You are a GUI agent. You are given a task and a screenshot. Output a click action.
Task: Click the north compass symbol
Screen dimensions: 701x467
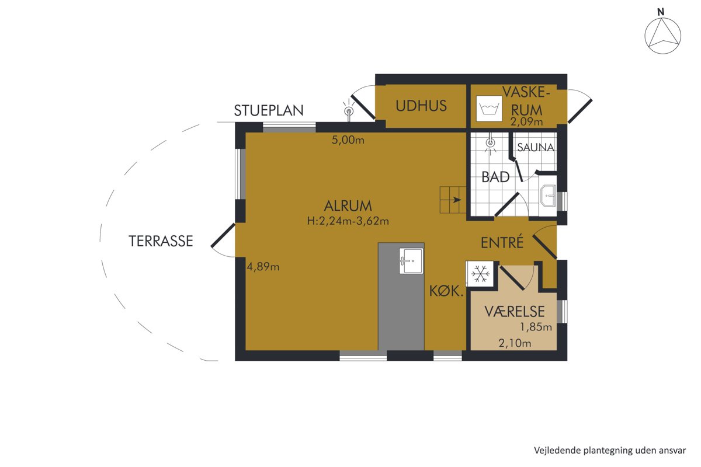pyautogui.click(x=662, y=36)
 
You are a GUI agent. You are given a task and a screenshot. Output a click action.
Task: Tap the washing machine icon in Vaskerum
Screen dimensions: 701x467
pyautogui.click(x=489, y=109)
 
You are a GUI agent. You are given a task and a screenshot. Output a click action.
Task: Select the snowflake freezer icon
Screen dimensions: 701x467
pyautogui.click(x=480, y=273)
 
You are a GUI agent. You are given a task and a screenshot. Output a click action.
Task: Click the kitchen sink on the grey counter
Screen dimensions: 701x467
pyautogui.click(x=411, y=261)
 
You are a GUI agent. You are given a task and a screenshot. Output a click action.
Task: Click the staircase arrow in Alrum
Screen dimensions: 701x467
pyautogui.click(x=457, y=200)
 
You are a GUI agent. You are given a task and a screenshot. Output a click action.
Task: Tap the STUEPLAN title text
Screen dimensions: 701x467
pyautogui.click(x=269, y=110)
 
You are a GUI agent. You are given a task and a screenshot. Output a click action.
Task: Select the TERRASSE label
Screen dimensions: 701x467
pyautogui.click(x=161, y=241)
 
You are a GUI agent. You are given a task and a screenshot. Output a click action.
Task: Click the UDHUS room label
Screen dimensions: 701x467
pyautogui.click(x=421, y=106)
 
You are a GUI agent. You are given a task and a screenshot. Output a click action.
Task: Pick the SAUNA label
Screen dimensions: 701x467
pyautogui.click(x=536, y=147)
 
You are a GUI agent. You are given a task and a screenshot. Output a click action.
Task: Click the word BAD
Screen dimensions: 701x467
pyautogui.click(x=495, y=177)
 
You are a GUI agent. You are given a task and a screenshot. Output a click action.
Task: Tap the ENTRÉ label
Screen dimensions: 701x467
pyautogui.click(x=502, y=242)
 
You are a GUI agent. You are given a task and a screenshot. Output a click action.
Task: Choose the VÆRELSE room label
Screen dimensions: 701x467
pyautogui.click(x=515, y=312)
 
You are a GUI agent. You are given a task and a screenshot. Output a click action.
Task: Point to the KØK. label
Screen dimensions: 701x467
pyautogui.click(x=446, y=291)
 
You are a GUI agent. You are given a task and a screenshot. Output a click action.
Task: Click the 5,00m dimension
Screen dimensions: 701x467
pyautogui.click(x=348, y=140)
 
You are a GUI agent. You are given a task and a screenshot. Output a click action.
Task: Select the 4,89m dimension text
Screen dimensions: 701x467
pyautogui.click(x=263, y=267)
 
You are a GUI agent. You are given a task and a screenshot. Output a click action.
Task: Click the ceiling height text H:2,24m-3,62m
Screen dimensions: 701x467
pyautogui.click(x=348, y=221)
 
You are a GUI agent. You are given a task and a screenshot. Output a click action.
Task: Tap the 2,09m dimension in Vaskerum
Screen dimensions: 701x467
pyautogui.click(x=526, y=121)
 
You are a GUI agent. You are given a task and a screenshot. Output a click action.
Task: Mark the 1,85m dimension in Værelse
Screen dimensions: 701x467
pyautogui.click(x=536, y=327)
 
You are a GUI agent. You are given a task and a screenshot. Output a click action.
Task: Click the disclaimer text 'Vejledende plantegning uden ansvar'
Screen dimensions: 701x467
pyautogui.click(x=610, y=451)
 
